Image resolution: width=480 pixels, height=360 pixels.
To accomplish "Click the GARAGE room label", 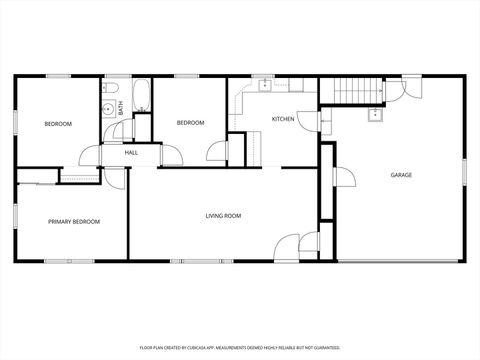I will click(x=401, y=175).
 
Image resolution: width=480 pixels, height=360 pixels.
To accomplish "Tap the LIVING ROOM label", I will click(x=222, y=215).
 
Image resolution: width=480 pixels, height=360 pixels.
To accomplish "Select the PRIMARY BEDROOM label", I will click(x=74, y=221).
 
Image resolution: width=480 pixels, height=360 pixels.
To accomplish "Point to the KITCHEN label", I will click(x=283, y=120).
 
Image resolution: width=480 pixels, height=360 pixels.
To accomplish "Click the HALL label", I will click(x=131, y=153).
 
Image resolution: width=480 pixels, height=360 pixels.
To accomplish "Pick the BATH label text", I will click(x=121, y=108).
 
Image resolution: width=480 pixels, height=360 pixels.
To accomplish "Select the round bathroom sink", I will click(x=106, y=110).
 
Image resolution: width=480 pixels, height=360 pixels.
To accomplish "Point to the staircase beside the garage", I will click(x=359, y=90).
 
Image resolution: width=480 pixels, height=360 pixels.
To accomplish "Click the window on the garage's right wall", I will click(x=465, y=176).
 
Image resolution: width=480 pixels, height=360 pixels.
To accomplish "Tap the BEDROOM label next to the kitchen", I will click(x=190, y=123).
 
